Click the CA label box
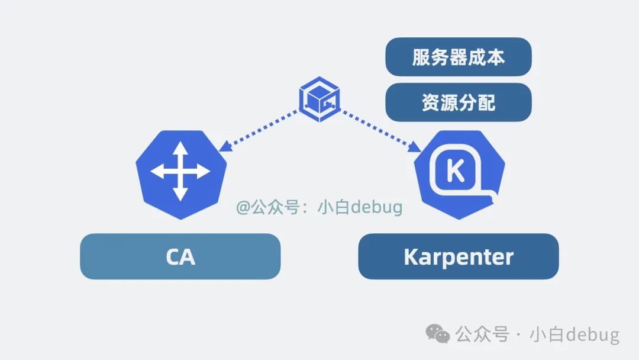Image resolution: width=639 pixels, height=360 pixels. click(180, 256)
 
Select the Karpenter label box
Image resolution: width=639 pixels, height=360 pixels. click(459, 256)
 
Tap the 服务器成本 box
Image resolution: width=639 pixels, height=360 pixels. click(459, 57)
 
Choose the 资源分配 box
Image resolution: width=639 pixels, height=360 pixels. click(459, 102)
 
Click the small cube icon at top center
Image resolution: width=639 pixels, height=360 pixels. click(319, 97)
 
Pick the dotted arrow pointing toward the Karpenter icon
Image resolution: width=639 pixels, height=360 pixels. click(379, 130)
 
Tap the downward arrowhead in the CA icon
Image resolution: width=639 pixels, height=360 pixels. click(180, 195)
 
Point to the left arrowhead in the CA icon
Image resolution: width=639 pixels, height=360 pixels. click(156, 172)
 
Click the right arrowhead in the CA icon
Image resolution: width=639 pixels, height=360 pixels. click(205, 172)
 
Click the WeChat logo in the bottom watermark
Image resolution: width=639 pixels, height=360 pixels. click(438, 334)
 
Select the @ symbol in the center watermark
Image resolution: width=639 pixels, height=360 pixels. click(243, 208)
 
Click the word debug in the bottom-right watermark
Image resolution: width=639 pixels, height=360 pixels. click(592, 335)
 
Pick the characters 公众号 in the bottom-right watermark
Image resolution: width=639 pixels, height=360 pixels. click(482, 335)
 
